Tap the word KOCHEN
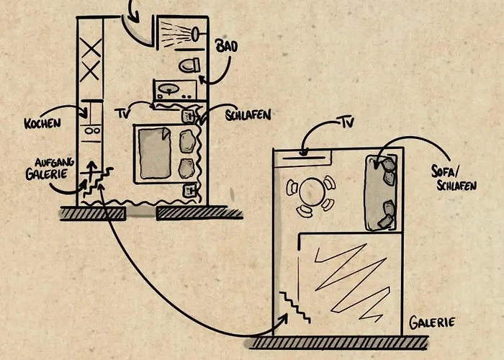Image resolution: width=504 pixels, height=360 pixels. tap(41, 123)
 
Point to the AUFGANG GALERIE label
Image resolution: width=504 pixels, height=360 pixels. tap(47, 168)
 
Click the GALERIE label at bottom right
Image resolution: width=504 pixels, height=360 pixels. tap(432, 323)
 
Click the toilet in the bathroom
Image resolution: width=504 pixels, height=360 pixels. tap(189, 66)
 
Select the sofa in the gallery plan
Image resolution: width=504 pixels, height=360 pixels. tap(382, 192)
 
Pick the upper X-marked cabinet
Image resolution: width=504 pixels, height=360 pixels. tap(91, 49)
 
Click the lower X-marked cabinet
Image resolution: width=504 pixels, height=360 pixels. tap(91, 72)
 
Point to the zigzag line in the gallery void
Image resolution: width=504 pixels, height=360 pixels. tap(349, 277)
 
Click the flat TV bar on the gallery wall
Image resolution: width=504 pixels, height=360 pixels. tap(303, 153)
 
